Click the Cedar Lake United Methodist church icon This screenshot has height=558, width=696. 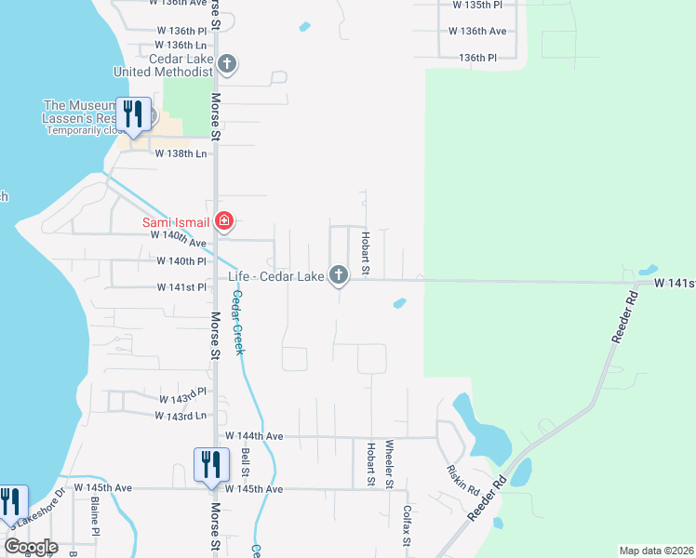(228, 64)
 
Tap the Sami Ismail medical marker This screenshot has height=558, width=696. (223, 221)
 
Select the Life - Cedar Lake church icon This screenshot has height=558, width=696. (339, 274)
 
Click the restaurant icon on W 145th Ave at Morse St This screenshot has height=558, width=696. (210, 463)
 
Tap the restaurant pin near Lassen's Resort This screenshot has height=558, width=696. (133, 113)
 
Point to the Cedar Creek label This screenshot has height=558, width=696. (238, 322)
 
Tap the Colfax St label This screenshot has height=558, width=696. (407, 525)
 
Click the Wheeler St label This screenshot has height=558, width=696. (389, 464)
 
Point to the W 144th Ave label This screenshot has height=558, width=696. (254, 435)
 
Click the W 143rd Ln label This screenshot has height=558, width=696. (181, 415)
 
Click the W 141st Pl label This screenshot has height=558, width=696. (181, 287)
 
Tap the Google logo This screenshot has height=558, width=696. (30, 548)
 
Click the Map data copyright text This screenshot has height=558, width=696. (656, 551)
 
